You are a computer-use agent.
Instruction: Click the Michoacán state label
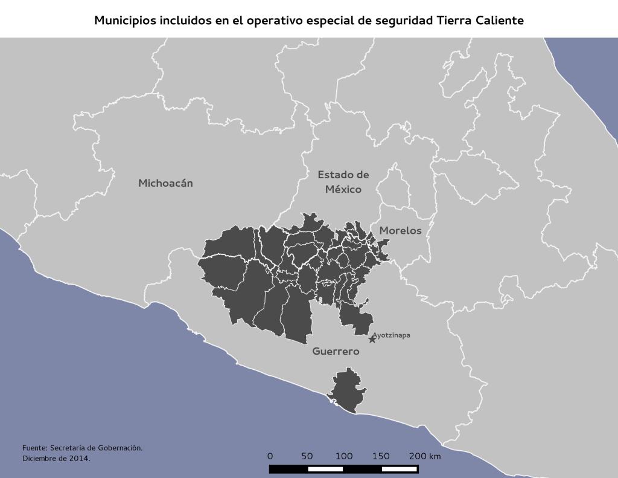[x=165, y=183]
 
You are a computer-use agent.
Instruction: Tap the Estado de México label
[x=343, y=182]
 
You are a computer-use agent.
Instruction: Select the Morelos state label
[x=400, y=231]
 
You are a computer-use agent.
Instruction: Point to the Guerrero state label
[x=336, y=351]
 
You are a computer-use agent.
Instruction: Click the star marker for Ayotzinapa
[x=372, y=340]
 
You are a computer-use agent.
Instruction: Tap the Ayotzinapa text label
[x=391, y=335]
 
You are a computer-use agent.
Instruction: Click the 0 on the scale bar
[x=270, y=456]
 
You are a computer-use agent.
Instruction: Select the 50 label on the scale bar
[x=307, y=456]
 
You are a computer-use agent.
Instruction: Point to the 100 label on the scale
[x=344, y=456]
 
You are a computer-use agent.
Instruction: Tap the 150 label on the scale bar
[x=381, y=456]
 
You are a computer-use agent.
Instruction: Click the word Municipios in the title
[x=124, y=21]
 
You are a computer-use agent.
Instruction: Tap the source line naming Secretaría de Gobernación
[x=82, y=448]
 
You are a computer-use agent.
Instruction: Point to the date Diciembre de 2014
[x=56, y=459]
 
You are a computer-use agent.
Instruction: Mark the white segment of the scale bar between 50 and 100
[x=325, y=469]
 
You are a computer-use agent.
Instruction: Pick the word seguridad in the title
[x=401, y=21]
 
